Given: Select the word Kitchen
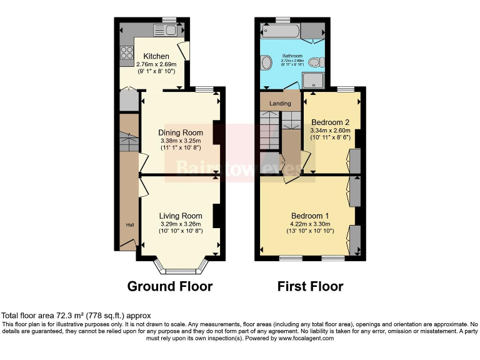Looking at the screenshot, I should pyautogui.click(x=152, y=56).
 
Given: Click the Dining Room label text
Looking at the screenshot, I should pyautogui.click(x=180, y=132).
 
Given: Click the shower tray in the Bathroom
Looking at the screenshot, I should pyautogui.click(x=314, y=80).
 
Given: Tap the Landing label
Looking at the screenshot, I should pyautogui.click(x=279, y=103).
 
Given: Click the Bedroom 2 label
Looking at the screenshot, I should pyautogui.click(x=329, y=122).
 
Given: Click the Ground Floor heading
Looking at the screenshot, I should pyautogui.click(x=169, y=286).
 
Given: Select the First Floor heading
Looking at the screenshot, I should pyautogui.click(x=310, y=286).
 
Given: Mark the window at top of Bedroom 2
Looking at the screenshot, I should pyautogui.click(x=347, y=89).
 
